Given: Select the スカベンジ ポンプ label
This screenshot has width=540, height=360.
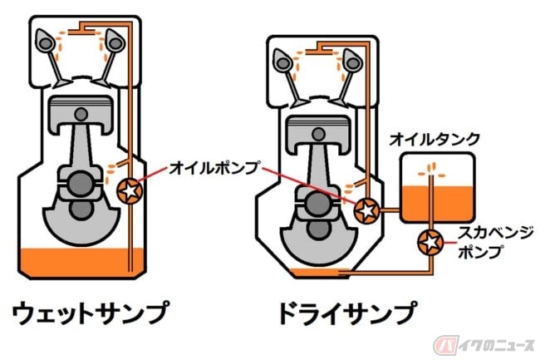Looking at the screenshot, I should [491, 236].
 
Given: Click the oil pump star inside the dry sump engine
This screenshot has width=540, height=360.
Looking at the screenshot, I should [365, 211].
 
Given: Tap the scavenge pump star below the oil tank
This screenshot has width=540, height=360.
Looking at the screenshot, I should [430, 242].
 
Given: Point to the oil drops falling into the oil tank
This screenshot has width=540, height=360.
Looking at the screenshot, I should [430, 170].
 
